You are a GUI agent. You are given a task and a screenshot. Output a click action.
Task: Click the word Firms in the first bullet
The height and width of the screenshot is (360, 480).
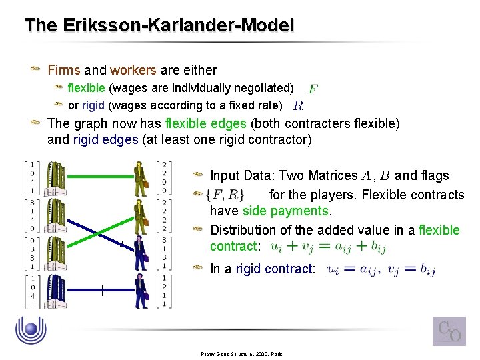64,70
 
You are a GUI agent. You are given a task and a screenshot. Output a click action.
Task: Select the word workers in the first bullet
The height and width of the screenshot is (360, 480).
133,70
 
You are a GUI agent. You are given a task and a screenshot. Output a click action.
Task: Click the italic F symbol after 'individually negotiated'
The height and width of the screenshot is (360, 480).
313,88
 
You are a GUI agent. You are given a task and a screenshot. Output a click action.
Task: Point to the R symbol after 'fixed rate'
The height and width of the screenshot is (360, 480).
298,105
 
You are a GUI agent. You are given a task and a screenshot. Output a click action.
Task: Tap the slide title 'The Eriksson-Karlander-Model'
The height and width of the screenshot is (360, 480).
159,26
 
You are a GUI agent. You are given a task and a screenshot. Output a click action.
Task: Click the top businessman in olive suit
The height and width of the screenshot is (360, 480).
141,178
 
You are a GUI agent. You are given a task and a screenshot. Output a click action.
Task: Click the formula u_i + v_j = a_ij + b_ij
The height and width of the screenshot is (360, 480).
327,247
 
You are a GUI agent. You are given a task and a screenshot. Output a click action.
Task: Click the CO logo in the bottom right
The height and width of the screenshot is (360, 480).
449,331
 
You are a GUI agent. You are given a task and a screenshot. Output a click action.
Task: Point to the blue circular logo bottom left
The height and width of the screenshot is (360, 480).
31,331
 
